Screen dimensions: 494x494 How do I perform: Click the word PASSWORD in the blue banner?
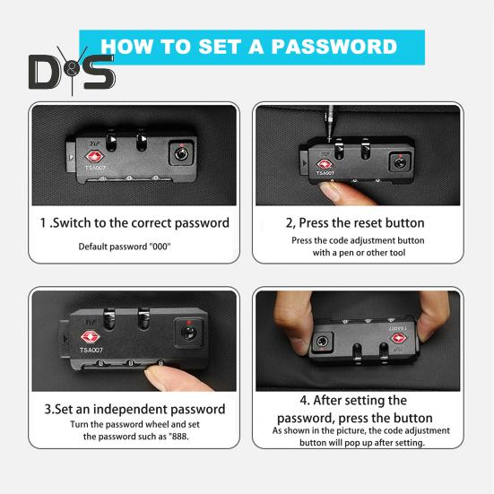[x=334, y=47]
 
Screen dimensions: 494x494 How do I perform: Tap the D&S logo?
[x=72, y=71]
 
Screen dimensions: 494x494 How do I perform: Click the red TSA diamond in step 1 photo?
[x=95, y=157]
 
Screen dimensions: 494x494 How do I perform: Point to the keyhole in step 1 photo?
[x=181, y=153]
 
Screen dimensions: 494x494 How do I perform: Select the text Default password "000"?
[x=125, y=247]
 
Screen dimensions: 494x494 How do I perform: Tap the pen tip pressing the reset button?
[x=330, y=139]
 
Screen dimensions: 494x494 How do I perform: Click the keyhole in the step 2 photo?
[x=400, y=162]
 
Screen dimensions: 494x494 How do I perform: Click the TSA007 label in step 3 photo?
[x=91, y=350]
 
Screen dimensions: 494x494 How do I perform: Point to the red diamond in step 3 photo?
[x=91, y=337]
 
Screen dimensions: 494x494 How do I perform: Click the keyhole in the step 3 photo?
[x=188, y=334]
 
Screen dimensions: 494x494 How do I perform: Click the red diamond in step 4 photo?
[x=399, y=338]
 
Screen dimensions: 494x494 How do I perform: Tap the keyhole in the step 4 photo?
[x=322, y=342]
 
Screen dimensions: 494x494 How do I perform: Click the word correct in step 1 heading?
[x=152, y=222]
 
